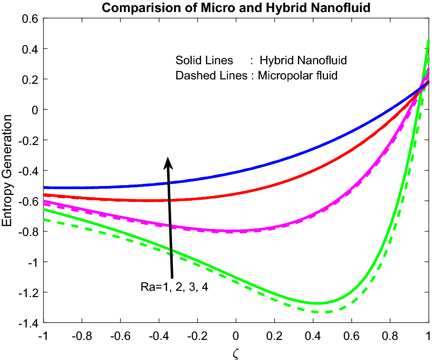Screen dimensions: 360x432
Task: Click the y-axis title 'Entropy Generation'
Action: (x=7, y=170)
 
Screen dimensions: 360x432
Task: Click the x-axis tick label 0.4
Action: (x=313, y=334)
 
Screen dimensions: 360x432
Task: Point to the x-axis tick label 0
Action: (x=236, y=334)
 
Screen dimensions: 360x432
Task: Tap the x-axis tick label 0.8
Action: (x=390, y=334)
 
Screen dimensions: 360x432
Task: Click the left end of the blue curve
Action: (x=44, y=187)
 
